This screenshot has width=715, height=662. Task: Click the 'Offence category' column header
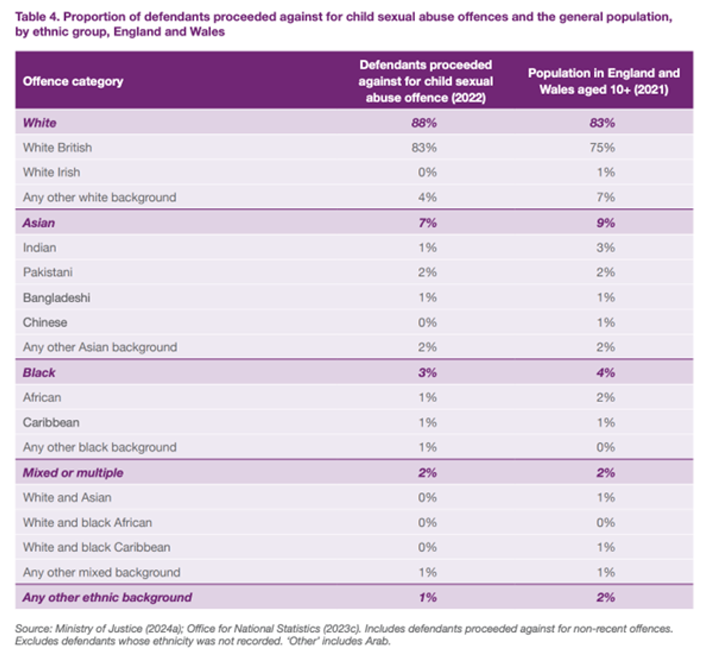(73, 81)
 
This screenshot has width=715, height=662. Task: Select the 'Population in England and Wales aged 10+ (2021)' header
(603, 81)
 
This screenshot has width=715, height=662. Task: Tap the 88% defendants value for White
(426, 123)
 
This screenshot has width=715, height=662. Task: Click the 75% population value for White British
(604, 147)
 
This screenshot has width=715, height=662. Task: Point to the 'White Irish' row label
(51, 172)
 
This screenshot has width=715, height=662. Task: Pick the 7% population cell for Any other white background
(605, 197)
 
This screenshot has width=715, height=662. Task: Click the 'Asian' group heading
(39, 223)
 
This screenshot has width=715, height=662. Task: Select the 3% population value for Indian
(605, 247)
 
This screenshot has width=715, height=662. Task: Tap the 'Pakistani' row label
(47, 272)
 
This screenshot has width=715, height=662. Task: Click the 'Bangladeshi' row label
(56, 298)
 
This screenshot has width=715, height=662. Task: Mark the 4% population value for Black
(605, 372)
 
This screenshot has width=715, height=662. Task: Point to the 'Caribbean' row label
(51, 423)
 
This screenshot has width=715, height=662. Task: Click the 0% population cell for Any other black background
(605, 447)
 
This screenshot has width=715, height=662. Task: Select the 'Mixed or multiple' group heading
(73, 472)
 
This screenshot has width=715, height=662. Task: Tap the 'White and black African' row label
(88, 523)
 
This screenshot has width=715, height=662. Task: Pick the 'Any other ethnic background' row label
(107, 597)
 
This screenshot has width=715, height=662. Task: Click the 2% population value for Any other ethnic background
(605, 597)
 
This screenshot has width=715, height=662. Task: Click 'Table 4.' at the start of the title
(36, 14)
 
